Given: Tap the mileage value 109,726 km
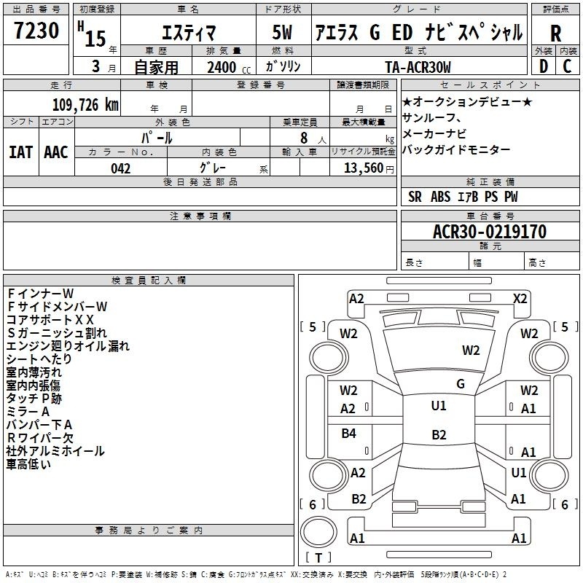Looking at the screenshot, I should click(85, 105).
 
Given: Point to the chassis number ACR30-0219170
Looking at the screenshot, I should click(490, 232).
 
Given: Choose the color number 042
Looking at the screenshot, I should click(120, 168).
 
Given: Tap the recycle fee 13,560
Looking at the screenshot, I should click(362, 168).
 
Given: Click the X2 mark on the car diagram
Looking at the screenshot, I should click(520, 298).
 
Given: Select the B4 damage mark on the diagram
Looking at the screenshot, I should click(349, 434).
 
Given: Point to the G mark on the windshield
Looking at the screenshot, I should click(461, 384).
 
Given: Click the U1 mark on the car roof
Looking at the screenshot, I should click(438, 406).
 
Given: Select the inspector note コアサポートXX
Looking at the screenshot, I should click(50, 319).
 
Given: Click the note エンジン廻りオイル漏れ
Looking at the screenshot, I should click(68, 346).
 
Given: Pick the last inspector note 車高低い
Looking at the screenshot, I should click(29, 464).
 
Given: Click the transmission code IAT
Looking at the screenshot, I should click(20, 152).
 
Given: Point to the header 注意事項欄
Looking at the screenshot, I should click(200, 216).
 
